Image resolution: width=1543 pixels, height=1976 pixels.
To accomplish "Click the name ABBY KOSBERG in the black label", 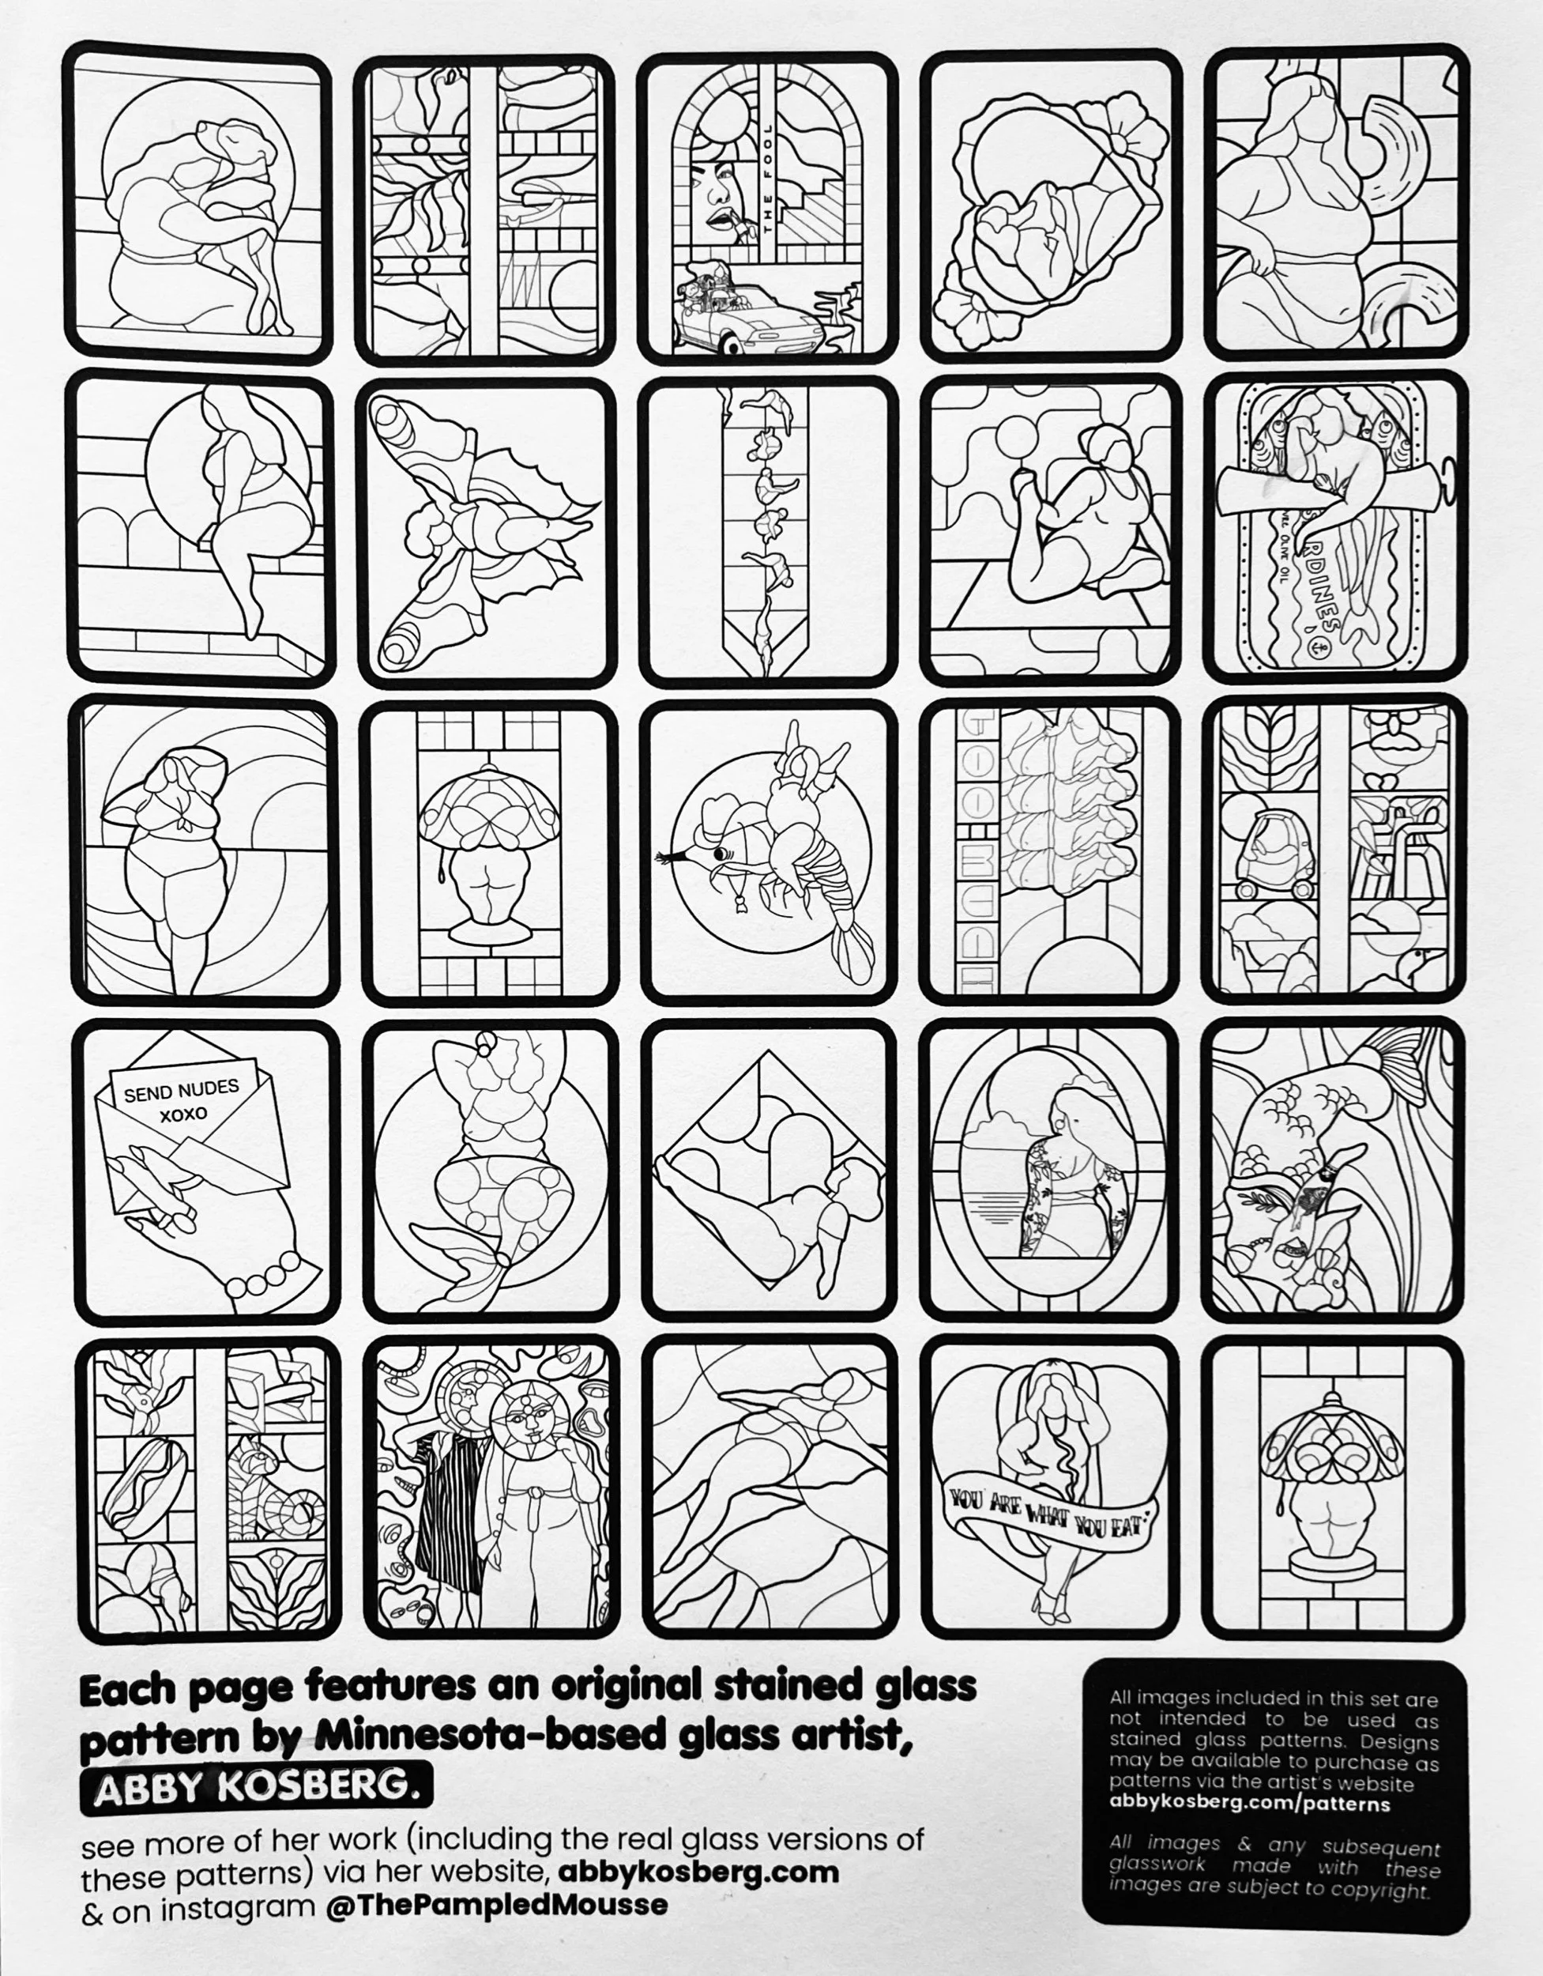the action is pyautogui.click(x=256, y=1786).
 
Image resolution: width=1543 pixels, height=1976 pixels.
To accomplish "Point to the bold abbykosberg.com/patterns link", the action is pyautogui.click(x=1249, y=1803).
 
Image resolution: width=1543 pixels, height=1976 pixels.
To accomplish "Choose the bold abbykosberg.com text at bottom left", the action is pyautogui.click(x=698, y=1870).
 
